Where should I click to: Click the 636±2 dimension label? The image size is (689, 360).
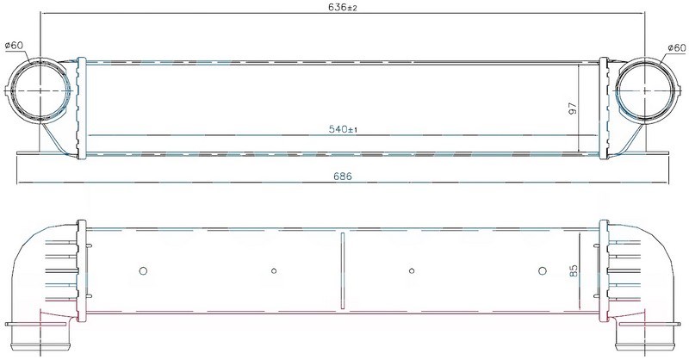[x=342, y=8]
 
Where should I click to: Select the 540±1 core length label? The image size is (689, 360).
[x=343, y=129]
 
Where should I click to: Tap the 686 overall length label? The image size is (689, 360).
[x=343, y=177]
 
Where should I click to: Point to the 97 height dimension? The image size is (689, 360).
[x=572, y=109]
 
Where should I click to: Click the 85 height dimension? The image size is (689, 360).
[x=574, y=270]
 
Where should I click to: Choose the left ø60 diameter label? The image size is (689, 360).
[x=14, y=46]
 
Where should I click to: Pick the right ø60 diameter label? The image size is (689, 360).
[x=676, y=47]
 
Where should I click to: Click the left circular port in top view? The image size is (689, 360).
[x=40, y=90]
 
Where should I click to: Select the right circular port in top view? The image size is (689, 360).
[x=645, y=90]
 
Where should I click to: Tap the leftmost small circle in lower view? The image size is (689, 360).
[x=143, y=270]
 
